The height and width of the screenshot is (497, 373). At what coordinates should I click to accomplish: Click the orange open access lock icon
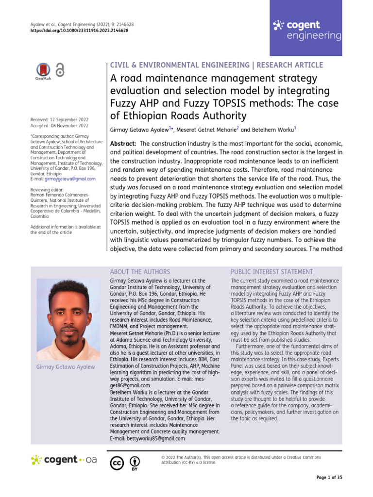60,70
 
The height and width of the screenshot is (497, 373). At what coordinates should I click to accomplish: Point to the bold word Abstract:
123,144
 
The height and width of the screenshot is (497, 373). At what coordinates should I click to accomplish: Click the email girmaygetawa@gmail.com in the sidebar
70,179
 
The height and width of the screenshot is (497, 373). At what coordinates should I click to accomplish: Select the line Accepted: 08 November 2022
60,126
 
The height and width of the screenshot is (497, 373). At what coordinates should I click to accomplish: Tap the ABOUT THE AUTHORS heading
140,272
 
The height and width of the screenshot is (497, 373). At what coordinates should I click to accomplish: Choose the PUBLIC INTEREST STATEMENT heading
271,272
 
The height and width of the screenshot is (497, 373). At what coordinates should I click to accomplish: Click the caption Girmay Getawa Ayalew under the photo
66,367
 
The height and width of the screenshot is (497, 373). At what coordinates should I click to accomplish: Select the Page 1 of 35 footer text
329,478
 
